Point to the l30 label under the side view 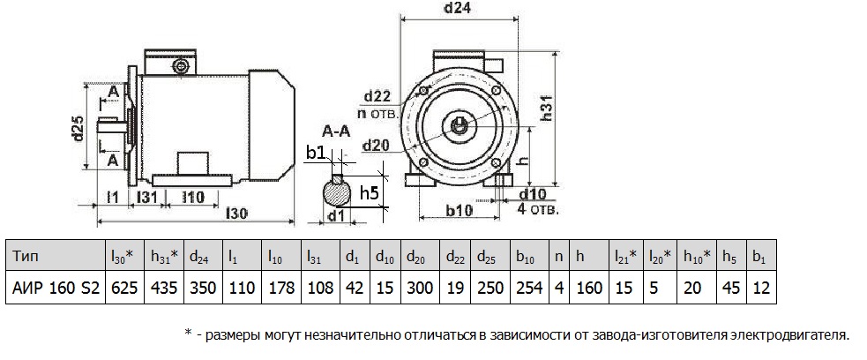(237, 213)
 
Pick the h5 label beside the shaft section (370, 192)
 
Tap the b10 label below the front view (459, 211)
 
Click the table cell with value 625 (120, 288)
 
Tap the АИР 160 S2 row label (55, 288)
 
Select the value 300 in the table (419, 288)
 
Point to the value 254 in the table (525, 288)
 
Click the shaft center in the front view (461, 124)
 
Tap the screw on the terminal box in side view (182, 66)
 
